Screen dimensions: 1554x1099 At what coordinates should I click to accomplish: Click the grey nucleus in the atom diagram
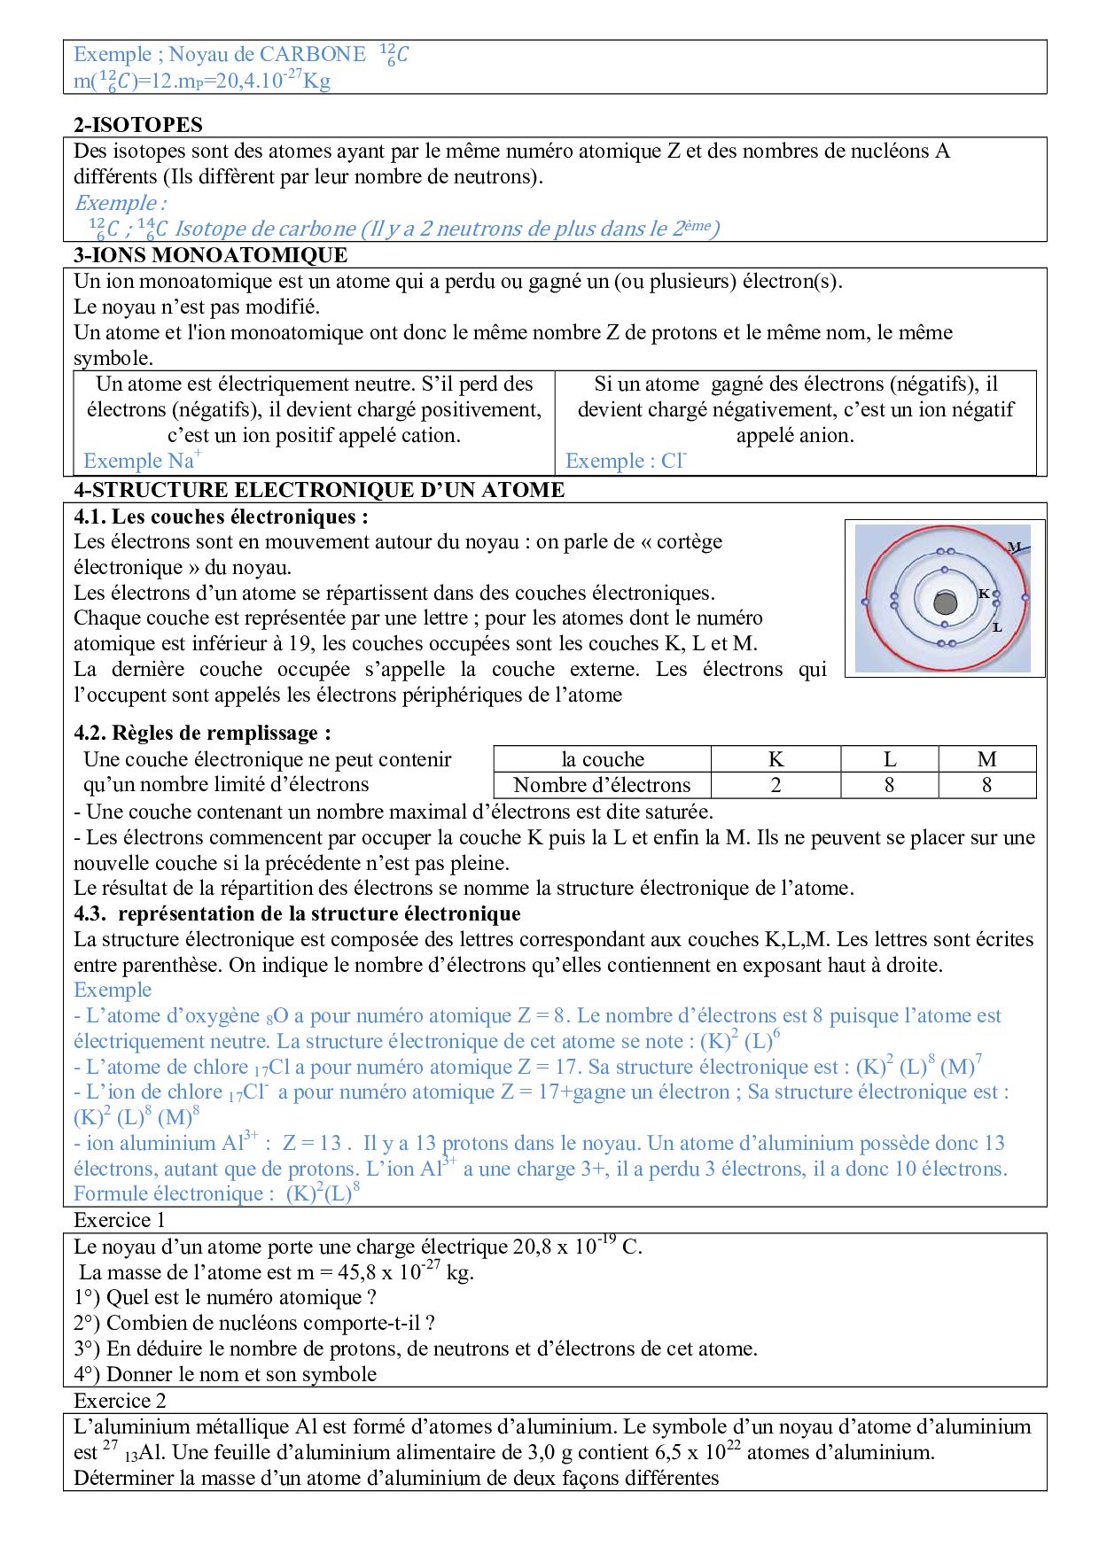945,604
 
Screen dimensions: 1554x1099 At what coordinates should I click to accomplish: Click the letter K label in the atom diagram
984,594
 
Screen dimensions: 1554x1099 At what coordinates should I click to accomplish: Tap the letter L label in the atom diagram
997,627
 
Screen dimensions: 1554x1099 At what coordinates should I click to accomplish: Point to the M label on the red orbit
1014,546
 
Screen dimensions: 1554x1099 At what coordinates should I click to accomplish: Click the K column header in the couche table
776,759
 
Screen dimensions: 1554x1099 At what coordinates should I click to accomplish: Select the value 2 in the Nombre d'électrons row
776,785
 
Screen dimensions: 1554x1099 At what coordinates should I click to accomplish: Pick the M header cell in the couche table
986,759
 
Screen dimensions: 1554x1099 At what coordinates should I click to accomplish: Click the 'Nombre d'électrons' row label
601,785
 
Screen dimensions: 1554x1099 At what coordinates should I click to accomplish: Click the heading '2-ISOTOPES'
138,125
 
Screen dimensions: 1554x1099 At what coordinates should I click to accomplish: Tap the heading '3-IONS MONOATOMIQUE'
210,255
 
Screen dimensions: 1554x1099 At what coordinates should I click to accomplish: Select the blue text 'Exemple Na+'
142,461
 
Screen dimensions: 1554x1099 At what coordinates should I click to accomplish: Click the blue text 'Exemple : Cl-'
626,461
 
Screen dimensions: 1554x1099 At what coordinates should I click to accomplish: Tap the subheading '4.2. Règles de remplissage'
202,733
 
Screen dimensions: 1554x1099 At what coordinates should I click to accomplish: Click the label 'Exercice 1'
119,1220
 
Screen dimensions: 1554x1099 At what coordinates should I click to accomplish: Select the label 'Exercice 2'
119,1401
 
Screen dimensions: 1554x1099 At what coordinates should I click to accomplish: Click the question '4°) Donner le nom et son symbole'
225,1374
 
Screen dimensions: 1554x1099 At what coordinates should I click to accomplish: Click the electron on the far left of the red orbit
865,602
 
